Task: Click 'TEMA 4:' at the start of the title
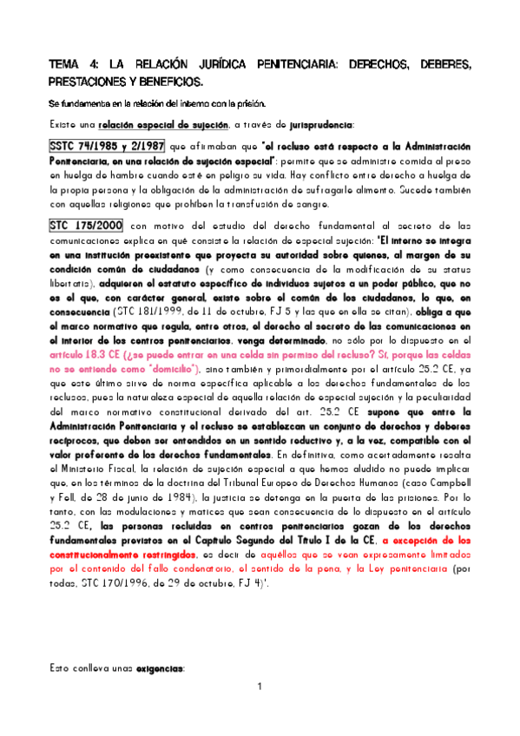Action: [70, 65]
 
